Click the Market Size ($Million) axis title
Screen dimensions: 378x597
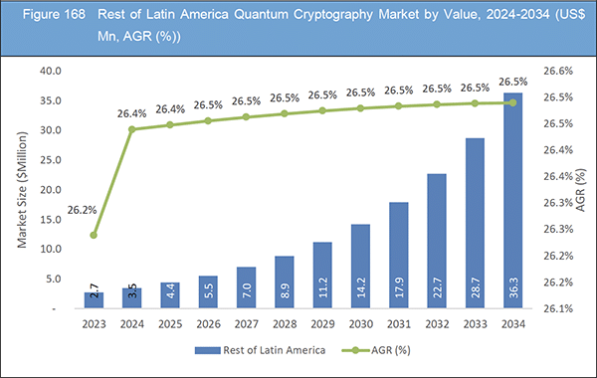(x=22, y=189)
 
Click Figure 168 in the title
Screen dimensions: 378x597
(x=45, y=17)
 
